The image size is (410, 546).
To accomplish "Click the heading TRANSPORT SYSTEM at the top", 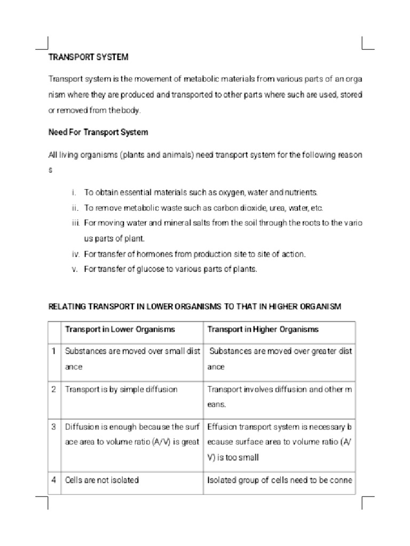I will click(x=89, y=57).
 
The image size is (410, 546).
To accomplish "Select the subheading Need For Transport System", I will click(x=98, y=132).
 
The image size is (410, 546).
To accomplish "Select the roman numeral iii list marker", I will click(x=75, y=223).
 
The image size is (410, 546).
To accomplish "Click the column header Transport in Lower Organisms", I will click(x=120, y=329).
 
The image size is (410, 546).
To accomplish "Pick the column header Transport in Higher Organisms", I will click(x=263, y=329).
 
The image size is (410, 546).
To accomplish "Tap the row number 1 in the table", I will click(x=54, y=351).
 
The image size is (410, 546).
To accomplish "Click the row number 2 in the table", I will click(x=54, y=389).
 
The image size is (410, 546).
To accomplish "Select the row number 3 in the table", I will click(x=54, y=427).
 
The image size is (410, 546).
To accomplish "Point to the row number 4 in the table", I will click(x=54, y=480).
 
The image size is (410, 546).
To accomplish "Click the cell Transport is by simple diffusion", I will click(x=121, y=389).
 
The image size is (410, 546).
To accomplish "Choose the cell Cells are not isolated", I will click(x=102, y=480).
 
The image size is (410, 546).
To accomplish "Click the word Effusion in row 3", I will click(x=222, y=427).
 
